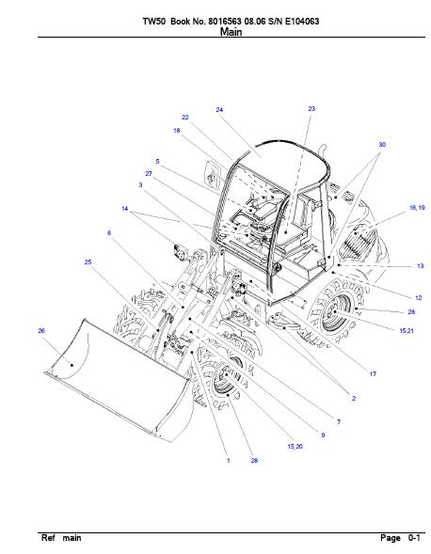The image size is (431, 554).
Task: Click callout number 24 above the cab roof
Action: click(219, 110)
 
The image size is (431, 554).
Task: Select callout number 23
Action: click(311, 109)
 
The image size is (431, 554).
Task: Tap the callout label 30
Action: click(382, 145)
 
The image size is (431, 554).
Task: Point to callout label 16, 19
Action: click(417, 208)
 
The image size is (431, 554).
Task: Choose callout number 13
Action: click(420, 265)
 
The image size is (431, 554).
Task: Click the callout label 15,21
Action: click(407, 331)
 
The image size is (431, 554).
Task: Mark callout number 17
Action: click(373, 373)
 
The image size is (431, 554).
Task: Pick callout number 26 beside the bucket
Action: click(41, 331)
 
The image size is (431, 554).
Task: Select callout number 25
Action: click(88, 261)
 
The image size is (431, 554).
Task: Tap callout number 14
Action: click(124, 209)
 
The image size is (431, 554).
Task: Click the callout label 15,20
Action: click(295, 446)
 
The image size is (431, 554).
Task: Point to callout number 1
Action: click(229, 460)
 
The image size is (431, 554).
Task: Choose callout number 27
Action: click(149, 173)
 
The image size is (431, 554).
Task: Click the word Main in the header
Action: click(231, 32)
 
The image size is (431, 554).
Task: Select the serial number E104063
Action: click(302, 22)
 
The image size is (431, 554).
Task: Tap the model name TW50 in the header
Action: click(154, 22)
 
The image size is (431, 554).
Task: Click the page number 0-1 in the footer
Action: click(414, 538)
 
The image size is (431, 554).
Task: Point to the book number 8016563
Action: click(225, 22)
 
